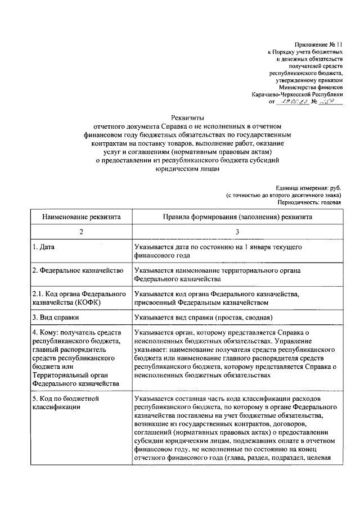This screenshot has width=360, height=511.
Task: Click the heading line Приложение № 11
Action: click(x=318, y=44)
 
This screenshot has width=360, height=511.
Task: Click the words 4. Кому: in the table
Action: click(x=46, y=333)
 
